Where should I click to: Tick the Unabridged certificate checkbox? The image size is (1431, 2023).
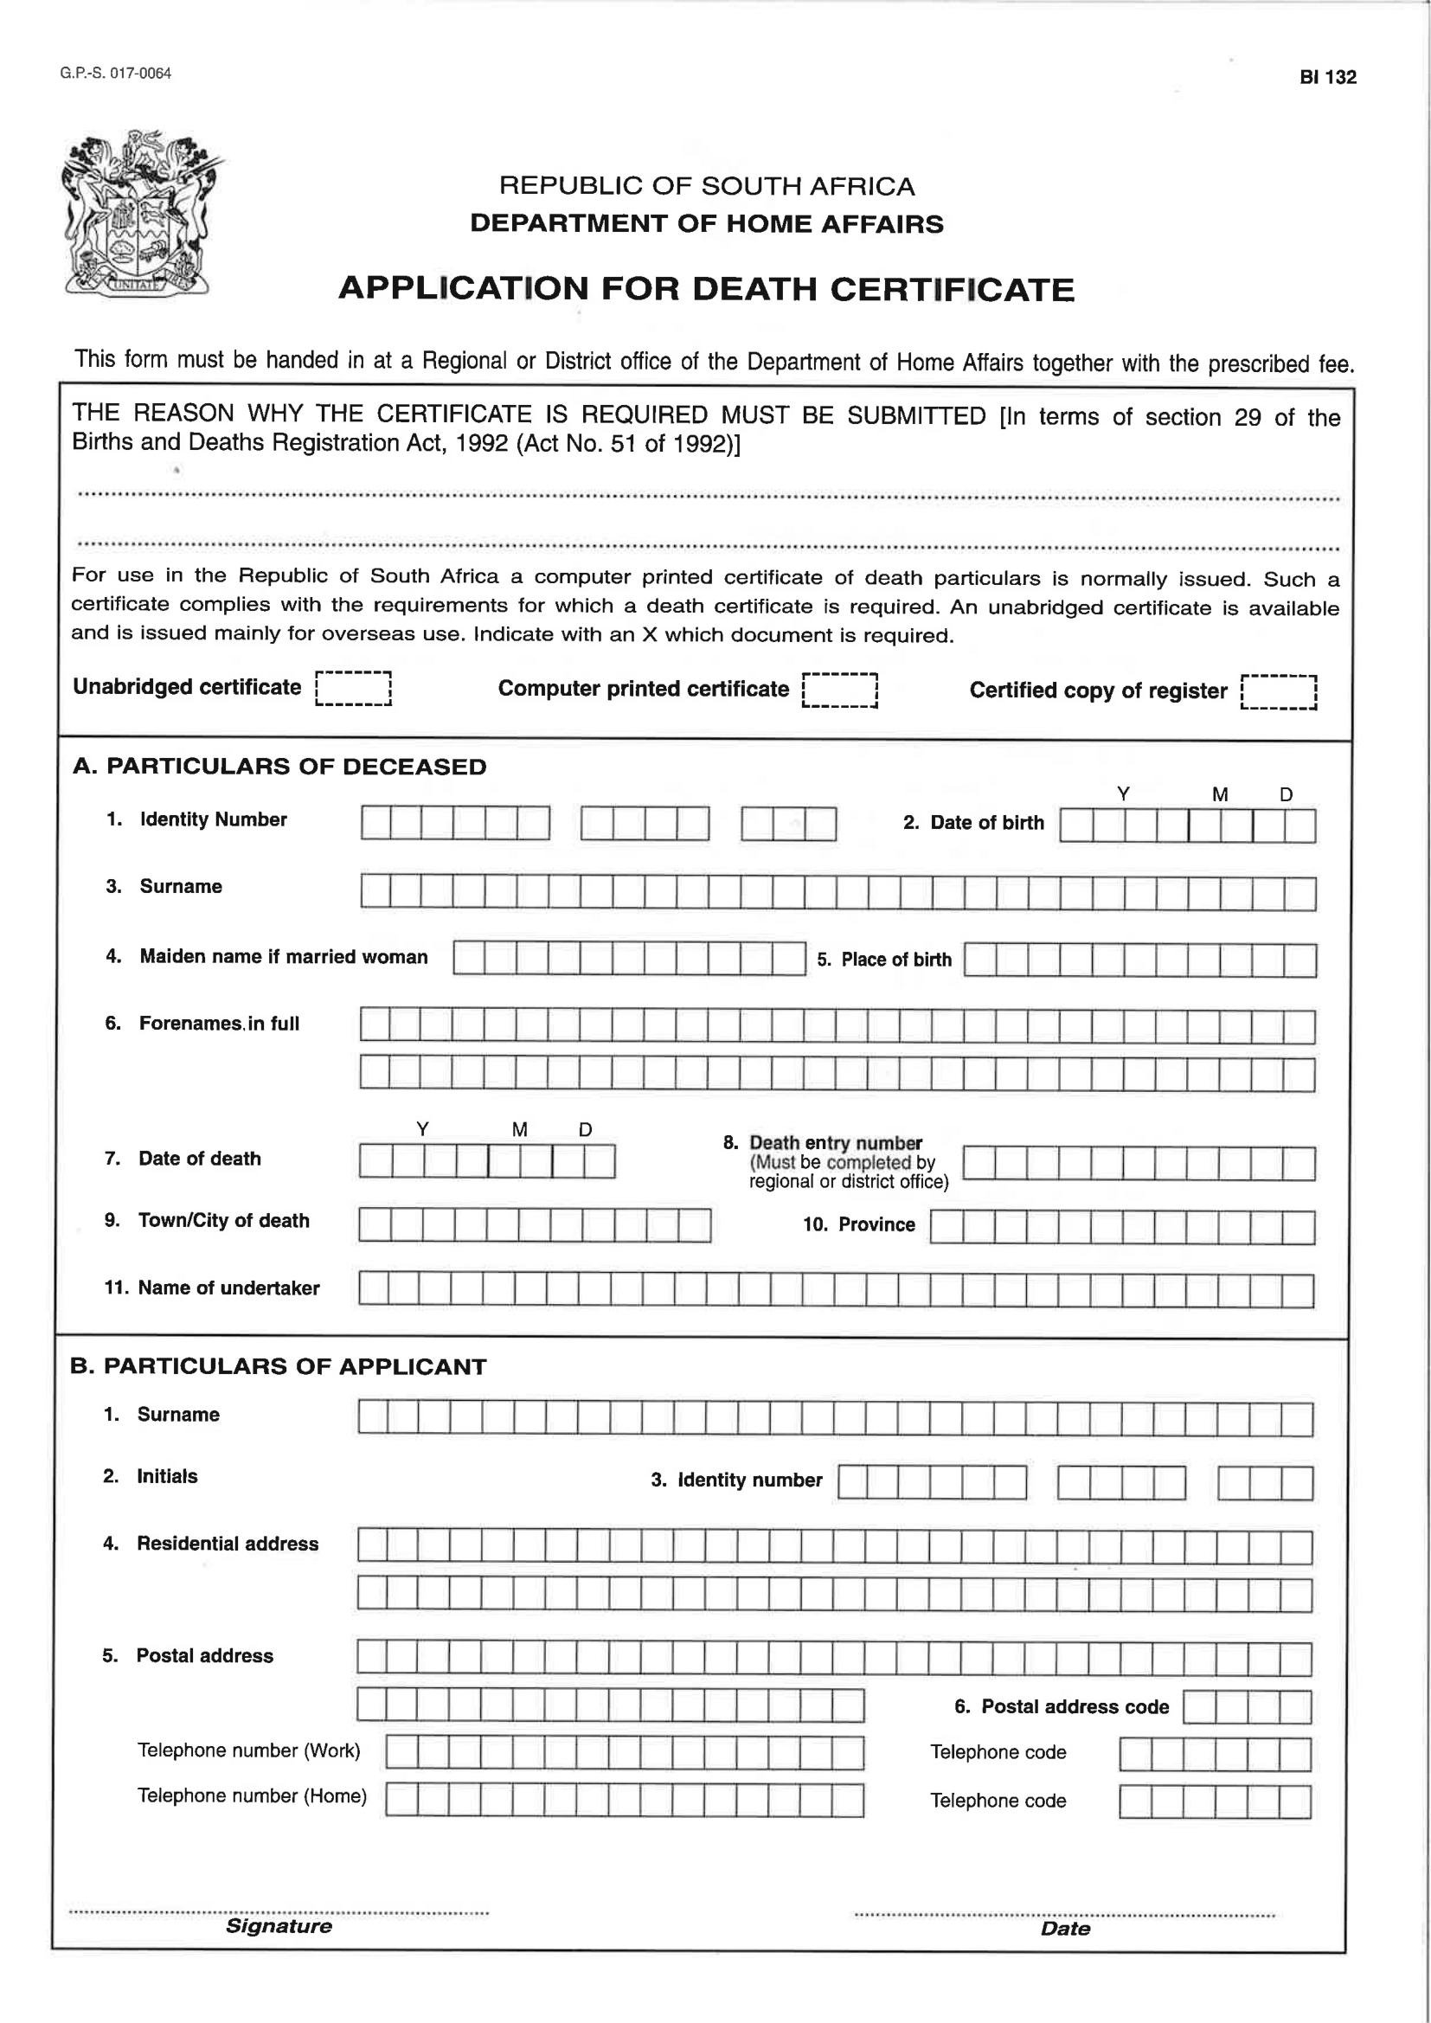click(x=352, y=688)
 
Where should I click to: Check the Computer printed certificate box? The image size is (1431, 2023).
click(x=839, y=690)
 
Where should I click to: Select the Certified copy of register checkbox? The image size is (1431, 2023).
click(x=1278, y=691)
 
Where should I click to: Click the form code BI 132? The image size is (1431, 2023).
click(x=1327, y=78)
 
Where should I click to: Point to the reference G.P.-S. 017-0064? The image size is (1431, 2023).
click(x=115, y=74)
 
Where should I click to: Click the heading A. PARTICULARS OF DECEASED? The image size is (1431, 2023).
click(x=279, y=767)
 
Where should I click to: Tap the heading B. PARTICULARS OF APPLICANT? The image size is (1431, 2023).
click(x=278, y=1366)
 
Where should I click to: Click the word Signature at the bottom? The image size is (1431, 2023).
click(x=279, y=1925)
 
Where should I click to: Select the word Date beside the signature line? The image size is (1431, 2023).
click(x=1064, y=1928)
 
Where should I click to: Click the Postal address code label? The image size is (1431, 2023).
click(x=1061, y=1706)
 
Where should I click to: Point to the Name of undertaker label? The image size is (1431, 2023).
click(x=211, y=1288)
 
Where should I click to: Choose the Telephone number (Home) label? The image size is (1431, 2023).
click(x=251, y=1795)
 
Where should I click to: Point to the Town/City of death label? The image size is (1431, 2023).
click(x=223, y=1221)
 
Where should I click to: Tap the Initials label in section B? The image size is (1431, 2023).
click(x=166, y=1477)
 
